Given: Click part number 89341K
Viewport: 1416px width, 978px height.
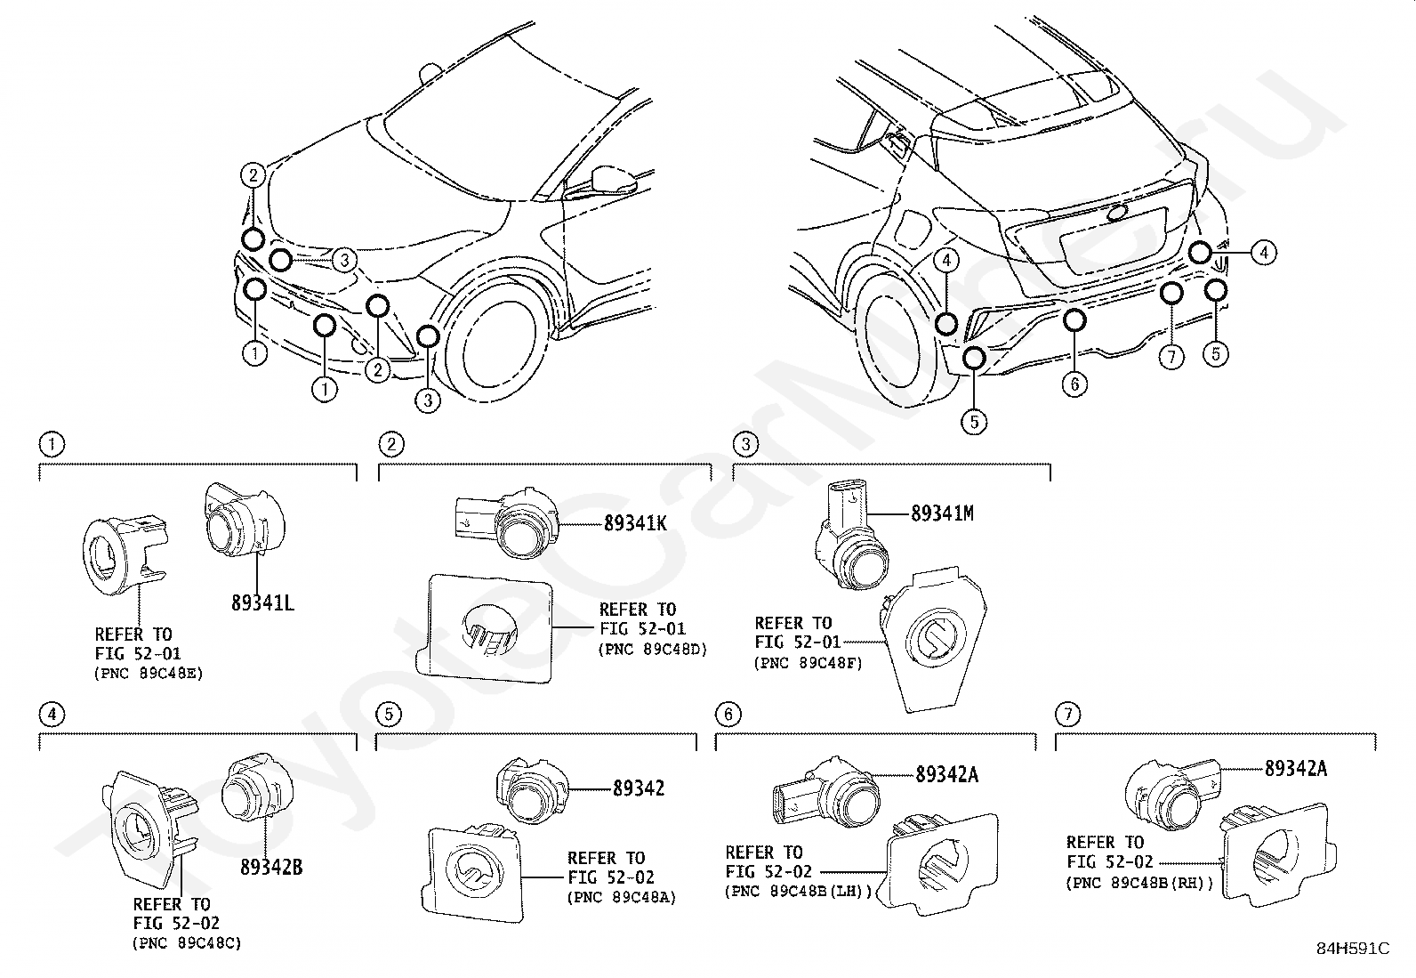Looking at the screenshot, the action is coord(635,523).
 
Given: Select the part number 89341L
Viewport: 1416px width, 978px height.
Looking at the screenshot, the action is coord(262,602).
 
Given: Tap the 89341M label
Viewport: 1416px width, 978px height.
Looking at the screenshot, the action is coord(942,513).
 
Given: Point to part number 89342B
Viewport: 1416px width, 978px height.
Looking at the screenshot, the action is coord(271,867).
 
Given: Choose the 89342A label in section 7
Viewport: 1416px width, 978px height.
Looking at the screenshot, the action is coord(1296,768).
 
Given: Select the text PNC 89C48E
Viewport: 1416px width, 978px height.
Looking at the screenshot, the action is coord(149,673).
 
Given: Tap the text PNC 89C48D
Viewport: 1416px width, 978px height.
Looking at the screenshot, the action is coord(652,649).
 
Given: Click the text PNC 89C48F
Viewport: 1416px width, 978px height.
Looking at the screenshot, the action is coord(809,663).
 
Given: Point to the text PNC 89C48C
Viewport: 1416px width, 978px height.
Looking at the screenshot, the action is coord(187,943).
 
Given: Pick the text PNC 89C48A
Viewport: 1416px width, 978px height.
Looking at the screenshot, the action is coord(622,897).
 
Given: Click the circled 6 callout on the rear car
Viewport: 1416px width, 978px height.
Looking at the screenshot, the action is coord(1074,384).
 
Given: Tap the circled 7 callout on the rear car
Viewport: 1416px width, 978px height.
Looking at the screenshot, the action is coord(1171,358).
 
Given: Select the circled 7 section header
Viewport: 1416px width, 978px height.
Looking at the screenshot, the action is coord(1068,715).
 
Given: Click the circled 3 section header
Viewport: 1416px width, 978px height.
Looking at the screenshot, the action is coord(746,444).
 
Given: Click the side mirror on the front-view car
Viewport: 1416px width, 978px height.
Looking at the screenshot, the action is coord(613,180).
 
